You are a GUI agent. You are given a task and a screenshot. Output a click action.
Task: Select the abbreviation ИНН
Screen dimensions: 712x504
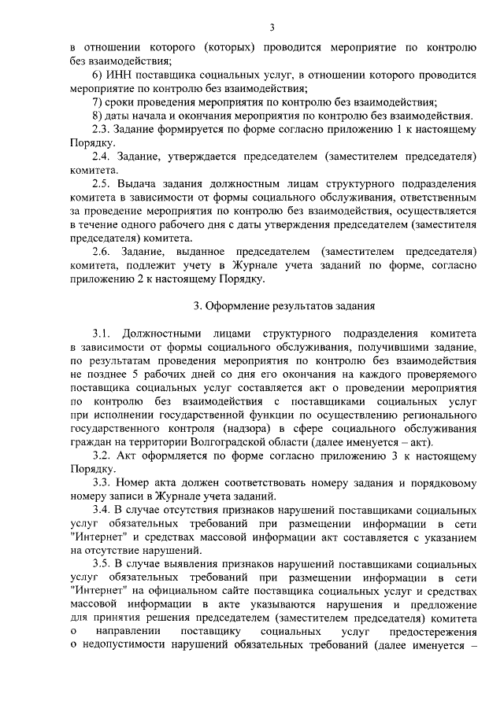pyautogui.click(x=120, y=76)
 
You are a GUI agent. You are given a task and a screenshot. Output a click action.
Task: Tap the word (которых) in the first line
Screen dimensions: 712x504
pyautogui.click(x=229, y=47)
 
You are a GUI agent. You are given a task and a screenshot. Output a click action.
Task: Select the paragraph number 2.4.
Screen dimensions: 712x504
pyautogui.click(x=102, y=157)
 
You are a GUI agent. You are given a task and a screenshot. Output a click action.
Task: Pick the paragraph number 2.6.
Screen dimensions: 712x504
pyautogui.click(x=102, y=252)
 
